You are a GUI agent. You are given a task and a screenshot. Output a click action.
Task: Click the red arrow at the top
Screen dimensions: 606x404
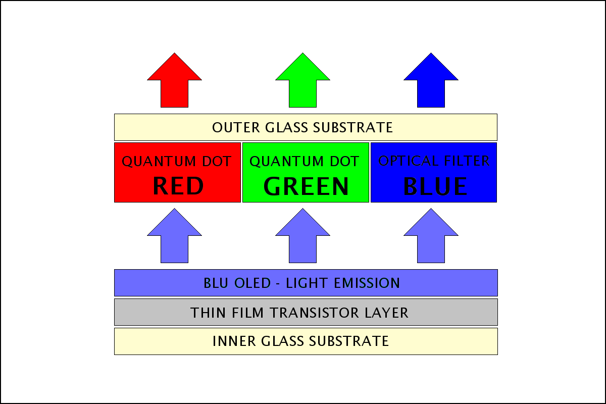pyautogui.click(x=175, y=81)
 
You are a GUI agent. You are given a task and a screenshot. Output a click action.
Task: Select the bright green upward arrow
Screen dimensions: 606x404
pyautogui.click(x=302, y=81)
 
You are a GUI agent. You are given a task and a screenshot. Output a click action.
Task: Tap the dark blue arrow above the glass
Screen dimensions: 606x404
pyautogui.click(x=431, y=81)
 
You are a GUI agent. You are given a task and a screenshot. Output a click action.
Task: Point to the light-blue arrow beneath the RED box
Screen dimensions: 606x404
pyautogui.click(x=175, y=237)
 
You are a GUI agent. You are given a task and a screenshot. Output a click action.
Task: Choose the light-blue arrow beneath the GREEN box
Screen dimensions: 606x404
pyautogui.click(x=302, y=237)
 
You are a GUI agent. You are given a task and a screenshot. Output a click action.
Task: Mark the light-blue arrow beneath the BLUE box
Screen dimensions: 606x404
pyautogui.click(x=431, y=237)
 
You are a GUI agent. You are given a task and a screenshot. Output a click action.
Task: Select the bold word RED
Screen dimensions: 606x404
pyautogui.click(x=178, y=186)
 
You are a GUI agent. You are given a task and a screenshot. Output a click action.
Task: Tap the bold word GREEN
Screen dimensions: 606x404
pyautogui.click(x=306, y=186)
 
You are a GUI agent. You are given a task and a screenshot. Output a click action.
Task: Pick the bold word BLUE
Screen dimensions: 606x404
pyautogui.click(x=435, y=186)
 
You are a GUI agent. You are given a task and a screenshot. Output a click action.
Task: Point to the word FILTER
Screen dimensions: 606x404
pyautogui.click(x=467, y=161)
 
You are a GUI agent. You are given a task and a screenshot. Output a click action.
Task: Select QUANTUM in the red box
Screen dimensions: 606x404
pyautogui.click(x=159, y=162)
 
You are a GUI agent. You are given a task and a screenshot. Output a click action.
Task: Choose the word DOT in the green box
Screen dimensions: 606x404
pyautogui.click(x=344, y=161)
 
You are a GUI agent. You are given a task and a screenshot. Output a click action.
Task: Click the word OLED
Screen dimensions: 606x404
pyautogui.click(x=252, y=283)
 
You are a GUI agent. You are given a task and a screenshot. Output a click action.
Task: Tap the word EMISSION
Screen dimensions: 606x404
pyautogui.click(x=367, y=283)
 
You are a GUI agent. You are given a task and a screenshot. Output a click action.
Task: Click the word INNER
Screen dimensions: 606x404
pyautogui.click(x=234, y=341)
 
